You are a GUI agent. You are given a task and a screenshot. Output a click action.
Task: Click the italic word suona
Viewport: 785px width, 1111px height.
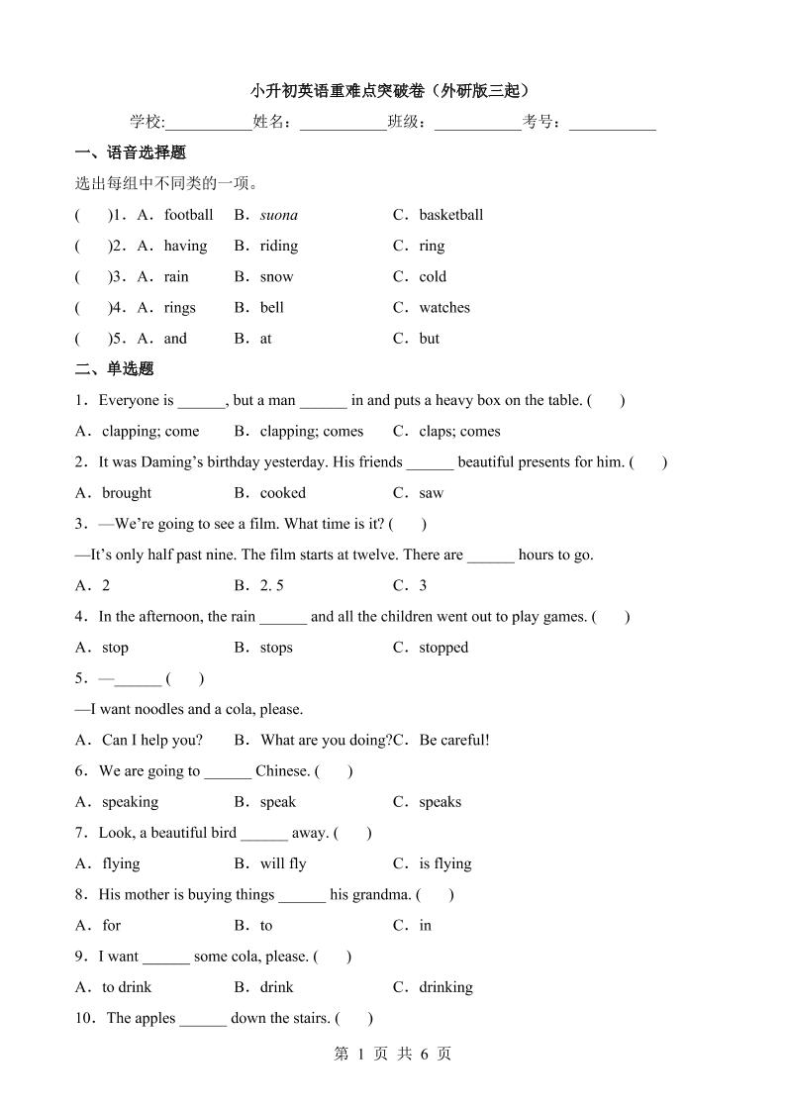(x=278, y=215)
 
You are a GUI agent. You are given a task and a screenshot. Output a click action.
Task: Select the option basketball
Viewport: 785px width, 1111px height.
(x=450, y=215)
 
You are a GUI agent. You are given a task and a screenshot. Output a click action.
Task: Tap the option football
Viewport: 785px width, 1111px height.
(x=188, y=215)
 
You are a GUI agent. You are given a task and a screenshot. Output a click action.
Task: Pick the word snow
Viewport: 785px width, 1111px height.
(x=276, y=276)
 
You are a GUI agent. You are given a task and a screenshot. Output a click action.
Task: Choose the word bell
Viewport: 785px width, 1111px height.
(x=271, y=307)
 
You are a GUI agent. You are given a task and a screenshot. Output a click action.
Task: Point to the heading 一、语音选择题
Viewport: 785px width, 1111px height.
(x=131, y=152)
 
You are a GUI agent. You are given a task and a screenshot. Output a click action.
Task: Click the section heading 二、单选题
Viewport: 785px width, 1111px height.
(x=115, y=368)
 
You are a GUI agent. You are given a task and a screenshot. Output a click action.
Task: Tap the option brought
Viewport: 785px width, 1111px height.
(x=127, y=492)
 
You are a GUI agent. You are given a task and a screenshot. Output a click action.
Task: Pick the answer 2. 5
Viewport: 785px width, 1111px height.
(x=271, y=585)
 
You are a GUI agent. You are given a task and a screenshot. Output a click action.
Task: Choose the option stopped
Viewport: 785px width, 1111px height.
(x=442, y=648)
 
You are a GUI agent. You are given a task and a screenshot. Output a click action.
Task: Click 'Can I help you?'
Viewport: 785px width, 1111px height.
(x=152, y=740)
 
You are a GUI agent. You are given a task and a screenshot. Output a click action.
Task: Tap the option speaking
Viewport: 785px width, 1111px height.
(x=130, y=802)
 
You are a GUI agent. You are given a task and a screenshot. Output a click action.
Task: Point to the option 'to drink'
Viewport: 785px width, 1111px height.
(x=127, y=987)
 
